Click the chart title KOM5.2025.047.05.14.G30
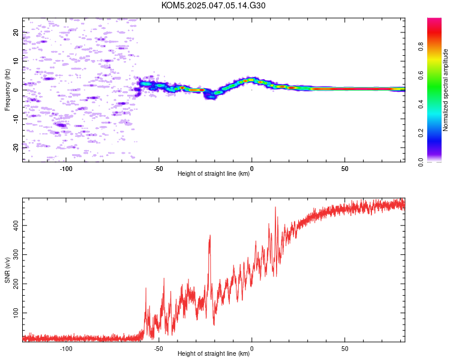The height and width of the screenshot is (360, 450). (x=213, y=5)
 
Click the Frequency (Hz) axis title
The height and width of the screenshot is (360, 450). (x=7, y=90)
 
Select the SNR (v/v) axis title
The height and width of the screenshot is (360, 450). (x=7, y=270)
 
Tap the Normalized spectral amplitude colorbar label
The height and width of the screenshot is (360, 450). (x=445, y=90)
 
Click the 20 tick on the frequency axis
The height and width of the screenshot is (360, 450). (x=16, y=32)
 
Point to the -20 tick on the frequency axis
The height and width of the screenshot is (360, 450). (x=16, y=148)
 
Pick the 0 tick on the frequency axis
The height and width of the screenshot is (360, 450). (x=16, y=90)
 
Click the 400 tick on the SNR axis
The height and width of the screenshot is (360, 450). (x=16, y=226)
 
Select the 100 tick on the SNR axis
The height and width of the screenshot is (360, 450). (x=16, y=313)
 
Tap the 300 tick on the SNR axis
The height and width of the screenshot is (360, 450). (x=16, y=254)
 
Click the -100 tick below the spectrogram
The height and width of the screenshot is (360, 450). (x=66, y=169)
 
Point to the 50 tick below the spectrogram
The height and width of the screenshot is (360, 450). (x=344, y=169)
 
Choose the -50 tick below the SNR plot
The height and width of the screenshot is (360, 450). (x=159, y=349)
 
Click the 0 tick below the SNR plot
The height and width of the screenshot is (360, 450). (x=251, y=349)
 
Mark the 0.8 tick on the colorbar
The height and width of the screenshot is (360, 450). (x=421, y=47)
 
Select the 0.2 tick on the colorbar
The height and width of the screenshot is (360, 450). (x=421, y=133)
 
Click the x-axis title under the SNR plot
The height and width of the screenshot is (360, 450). (x=214, y=353)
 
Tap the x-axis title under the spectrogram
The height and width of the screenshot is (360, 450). (x=214, y=173)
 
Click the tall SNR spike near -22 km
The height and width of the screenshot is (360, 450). (x=210, y=236)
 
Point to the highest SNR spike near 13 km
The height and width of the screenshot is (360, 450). (x=275, y=208)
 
